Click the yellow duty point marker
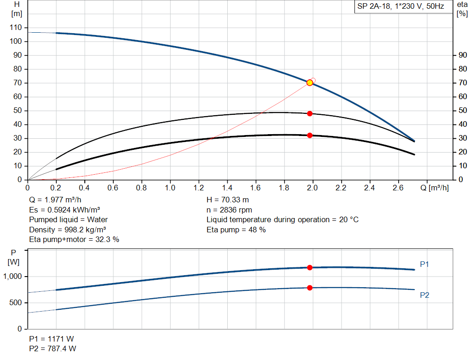click(x=310, y=83)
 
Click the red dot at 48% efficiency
click(x=310, y=113)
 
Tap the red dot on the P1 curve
click(x=310, y=267)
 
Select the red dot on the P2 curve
click(x=310, y=288)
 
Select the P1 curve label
click(x=425, y=264)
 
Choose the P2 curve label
click(x=425, y=295)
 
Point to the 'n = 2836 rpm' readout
click(x=229, y=210)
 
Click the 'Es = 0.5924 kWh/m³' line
click(x=65, y=210)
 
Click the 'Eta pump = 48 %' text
click(x=236, y=229)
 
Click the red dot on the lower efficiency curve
click(x=310, y=136)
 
